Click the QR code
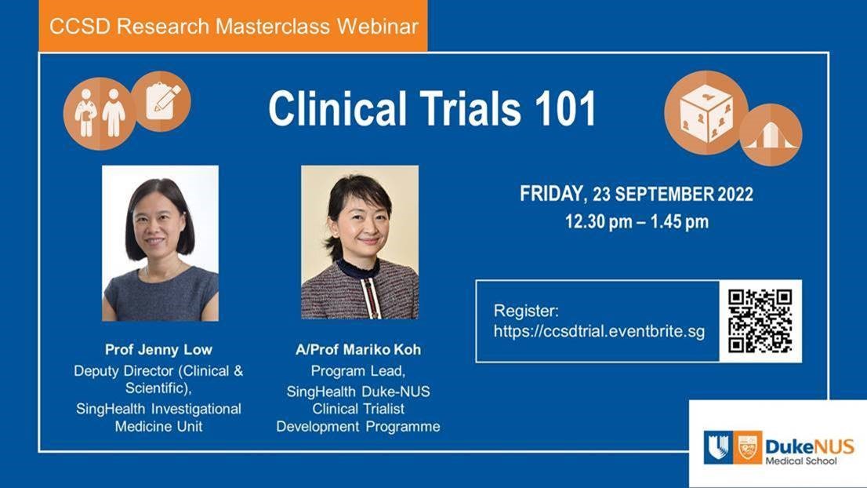click(x=760, y=321)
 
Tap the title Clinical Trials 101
click(x=432, y=108)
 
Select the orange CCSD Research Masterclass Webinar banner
click(x=233, y=25)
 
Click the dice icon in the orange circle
click(x=706, y=113)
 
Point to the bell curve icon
click(x=771, y=135)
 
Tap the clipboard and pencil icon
click(x=161, y=101)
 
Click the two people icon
click(x=100, y=114)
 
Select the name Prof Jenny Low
click(x=158, y=350)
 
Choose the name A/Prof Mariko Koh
click(x=358, y=350)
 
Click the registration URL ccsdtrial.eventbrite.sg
click(x=600, y=331)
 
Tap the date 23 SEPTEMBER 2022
click(x=673, y=195)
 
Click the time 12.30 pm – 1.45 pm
click(x=637, y=222)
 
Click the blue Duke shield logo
click(x=718, y=447)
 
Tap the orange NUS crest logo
click(x=748, y=447)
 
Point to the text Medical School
click(x=801, y=461)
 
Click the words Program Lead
click(x=358, y=370)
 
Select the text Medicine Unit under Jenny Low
click(x=158, y=427)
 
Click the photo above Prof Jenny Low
click(x=161, y=243)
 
